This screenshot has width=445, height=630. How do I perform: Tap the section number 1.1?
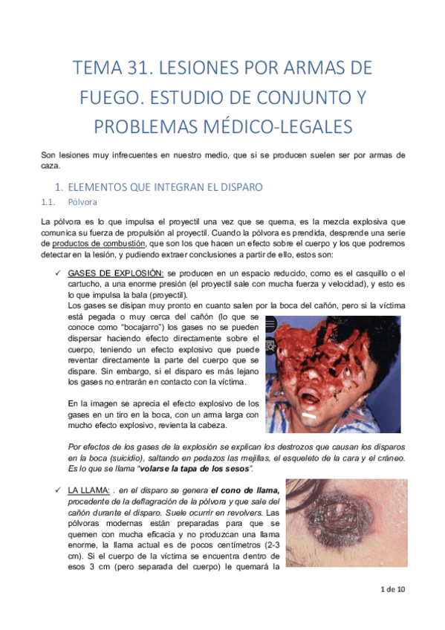pyautogui.click(x=49, y=201)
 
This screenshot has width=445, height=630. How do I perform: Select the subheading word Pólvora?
pyautogui.click(x=82, y=201)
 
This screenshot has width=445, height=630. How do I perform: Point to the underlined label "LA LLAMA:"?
pyautogui.click(x=90, y=490)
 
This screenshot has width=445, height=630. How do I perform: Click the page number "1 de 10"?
pyautogui.click(x=392, y=590)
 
